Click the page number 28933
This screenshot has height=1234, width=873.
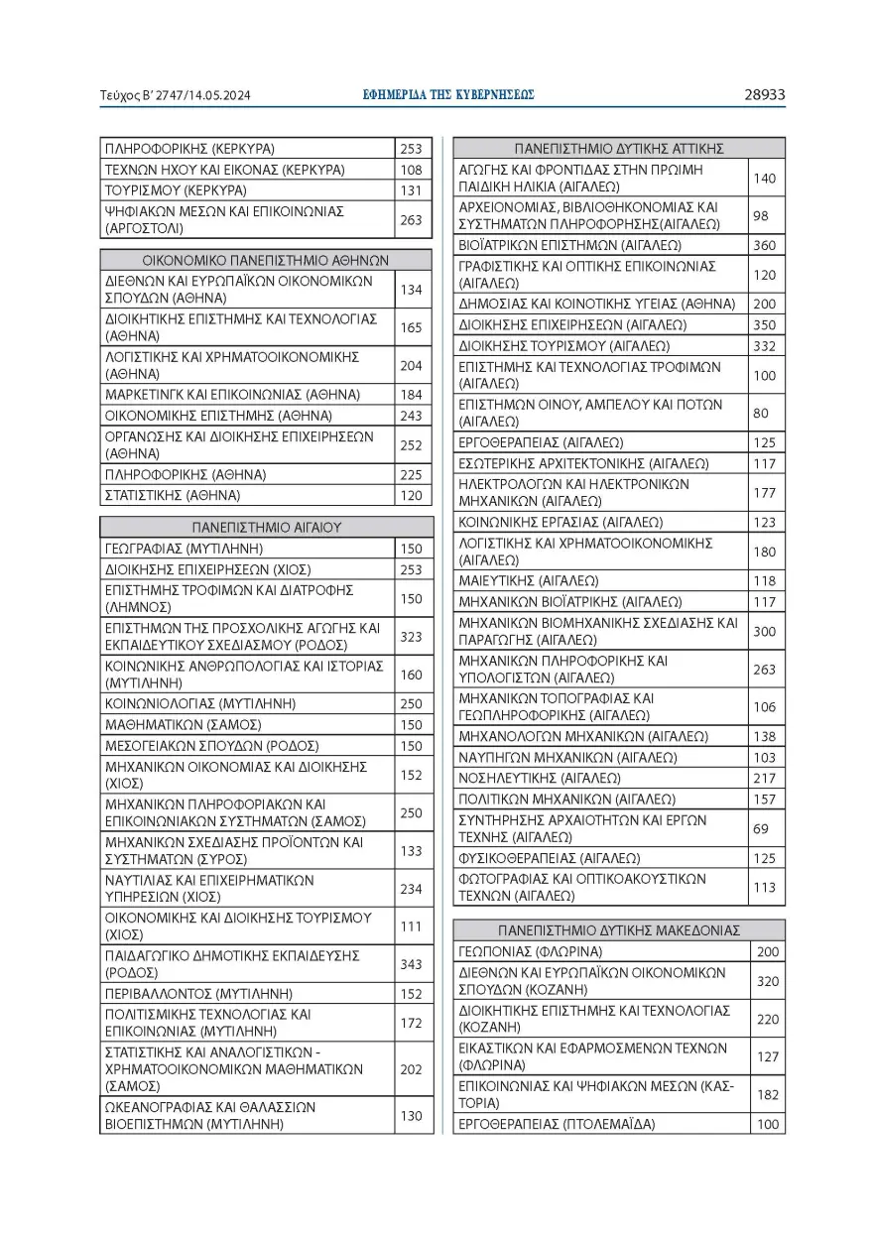coord(764,95)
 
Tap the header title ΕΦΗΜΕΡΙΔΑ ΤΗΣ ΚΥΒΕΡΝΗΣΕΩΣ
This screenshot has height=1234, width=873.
coord(448,95)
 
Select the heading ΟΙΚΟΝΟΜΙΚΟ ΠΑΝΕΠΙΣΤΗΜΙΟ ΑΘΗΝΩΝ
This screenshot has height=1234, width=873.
coord(266,260)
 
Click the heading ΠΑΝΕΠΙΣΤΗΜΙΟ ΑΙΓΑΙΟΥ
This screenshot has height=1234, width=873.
coord(266,528)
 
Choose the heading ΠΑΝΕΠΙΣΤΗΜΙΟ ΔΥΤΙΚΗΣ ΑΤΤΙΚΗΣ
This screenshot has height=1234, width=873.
coord(619,149)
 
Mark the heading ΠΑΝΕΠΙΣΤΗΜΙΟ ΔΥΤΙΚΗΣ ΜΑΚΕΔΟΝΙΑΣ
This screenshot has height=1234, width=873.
coord(619,930)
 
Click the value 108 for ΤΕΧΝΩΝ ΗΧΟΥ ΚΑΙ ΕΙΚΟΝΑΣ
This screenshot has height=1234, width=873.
coord(411,170)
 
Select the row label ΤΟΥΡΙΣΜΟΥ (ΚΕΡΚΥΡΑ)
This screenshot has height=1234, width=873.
coord(176,190)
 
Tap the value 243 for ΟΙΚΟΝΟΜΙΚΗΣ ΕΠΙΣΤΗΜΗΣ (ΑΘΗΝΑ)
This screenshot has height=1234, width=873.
coord(411,416)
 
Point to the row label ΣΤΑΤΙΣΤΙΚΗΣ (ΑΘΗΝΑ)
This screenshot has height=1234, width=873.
coord(173,495)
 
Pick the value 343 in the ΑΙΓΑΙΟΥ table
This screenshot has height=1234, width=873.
coord(411,963)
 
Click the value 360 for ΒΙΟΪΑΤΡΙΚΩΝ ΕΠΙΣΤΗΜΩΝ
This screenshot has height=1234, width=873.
coord(765,245)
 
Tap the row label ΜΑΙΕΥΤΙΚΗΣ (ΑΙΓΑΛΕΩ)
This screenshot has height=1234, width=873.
coord(541,580)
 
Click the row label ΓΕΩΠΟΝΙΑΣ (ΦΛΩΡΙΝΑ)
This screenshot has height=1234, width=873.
coord(531,951)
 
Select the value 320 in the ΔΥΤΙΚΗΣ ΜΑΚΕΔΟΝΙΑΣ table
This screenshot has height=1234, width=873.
coord(768,981)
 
